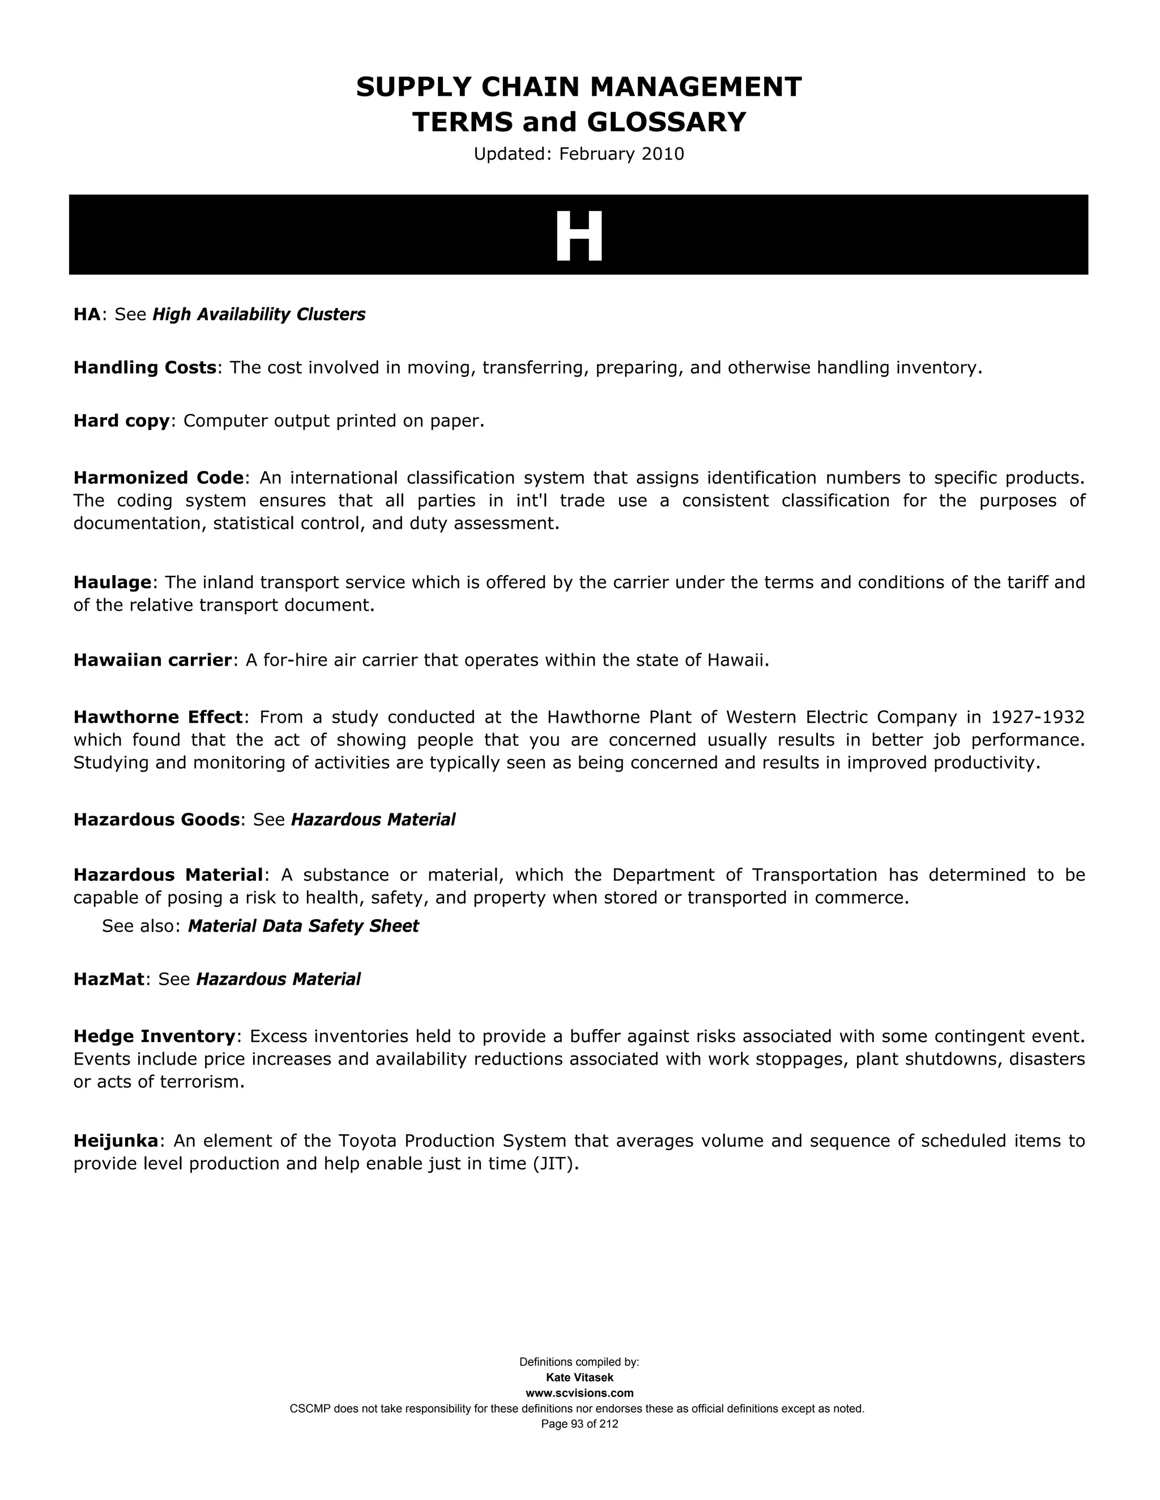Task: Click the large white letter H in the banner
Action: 579,235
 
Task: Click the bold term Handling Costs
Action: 145,368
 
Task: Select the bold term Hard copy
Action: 121,421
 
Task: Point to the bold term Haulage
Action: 112,582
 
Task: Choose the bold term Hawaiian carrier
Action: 152,660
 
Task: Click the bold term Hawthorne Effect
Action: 158,717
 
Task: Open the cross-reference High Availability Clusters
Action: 259,315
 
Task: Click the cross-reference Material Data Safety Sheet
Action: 303,926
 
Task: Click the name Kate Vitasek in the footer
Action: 579,1377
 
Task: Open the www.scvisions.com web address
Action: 579,1393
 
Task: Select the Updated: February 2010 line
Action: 579,154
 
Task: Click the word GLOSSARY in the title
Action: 666,122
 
